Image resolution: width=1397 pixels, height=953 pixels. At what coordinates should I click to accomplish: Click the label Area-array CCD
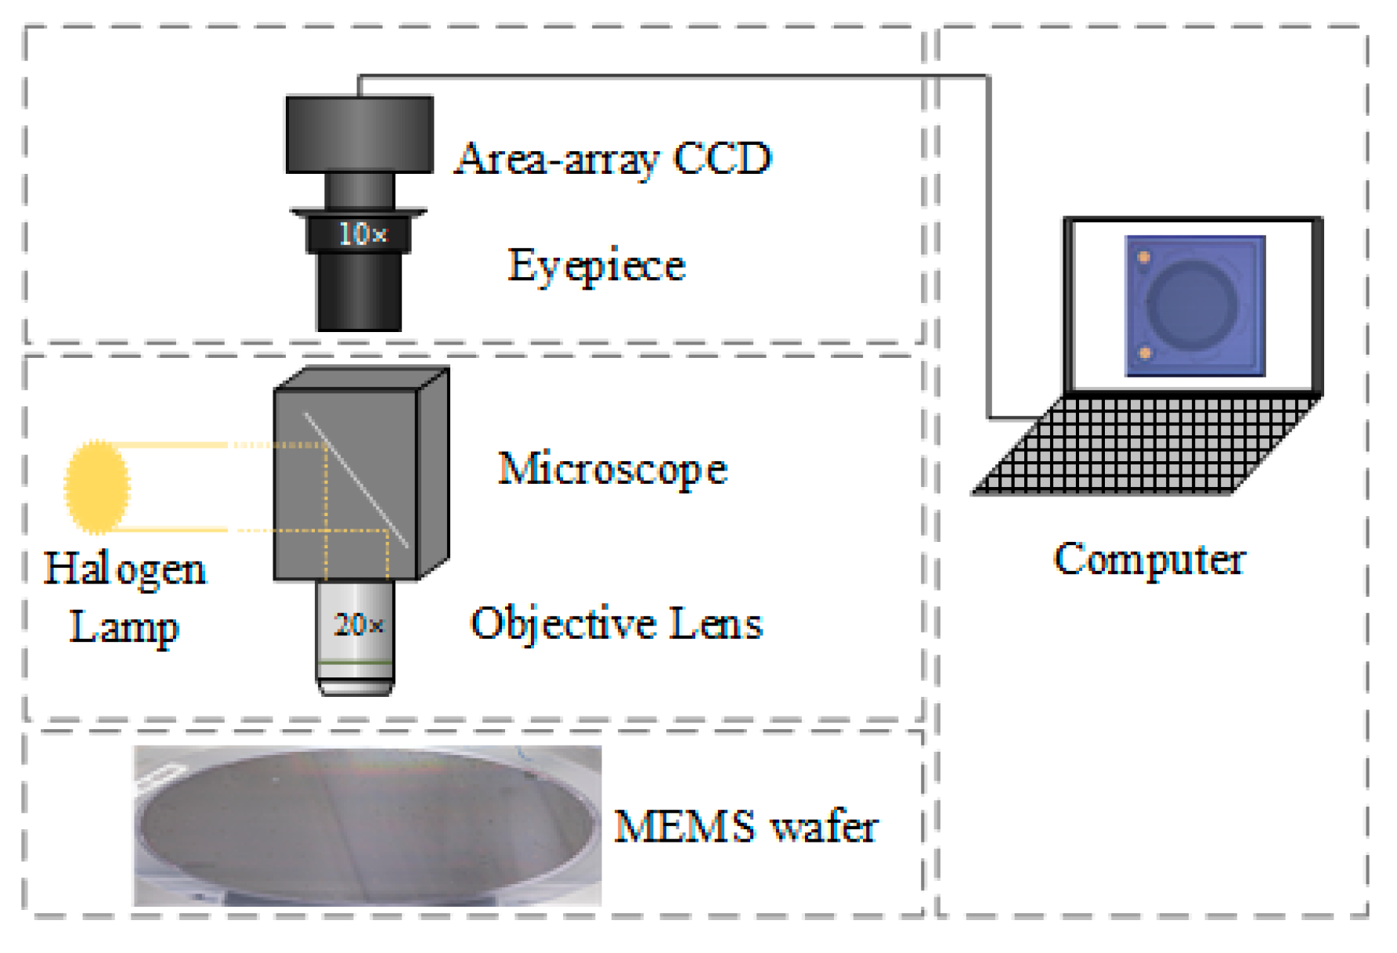[613, 159]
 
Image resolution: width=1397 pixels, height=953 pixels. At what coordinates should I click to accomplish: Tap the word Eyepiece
[597, 265]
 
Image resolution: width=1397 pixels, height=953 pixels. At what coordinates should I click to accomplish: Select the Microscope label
[612, 469]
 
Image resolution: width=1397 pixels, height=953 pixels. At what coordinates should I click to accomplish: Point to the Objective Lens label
[616, 624]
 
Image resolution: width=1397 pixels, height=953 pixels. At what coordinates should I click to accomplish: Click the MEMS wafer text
[745, 827]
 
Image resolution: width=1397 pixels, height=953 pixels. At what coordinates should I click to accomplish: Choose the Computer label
[1150, 560]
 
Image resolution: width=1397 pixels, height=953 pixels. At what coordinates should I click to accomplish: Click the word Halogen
[125, 569]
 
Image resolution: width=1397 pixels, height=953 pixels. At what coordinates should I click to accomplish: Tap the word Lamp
[125, 627]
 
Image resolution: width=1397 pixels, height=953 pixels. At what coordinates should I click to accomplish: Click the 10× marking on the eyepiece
[362, 233]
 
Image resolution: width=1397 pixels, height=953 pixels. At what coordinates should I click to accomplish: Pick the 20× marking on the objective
[359, 625]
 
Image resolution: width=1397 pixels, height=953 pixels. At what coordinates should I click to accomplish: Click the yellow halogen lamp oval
[97, 487]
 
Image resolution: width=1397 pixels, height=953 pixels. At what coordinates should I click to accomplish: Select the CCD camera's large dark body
[359, 135]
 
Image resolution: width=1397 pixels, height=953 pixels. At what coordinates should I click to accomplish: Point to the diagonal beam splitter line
[356, 479]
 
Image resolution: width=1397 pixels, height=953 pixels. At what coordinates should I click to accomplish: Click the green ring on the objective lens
[356, 663]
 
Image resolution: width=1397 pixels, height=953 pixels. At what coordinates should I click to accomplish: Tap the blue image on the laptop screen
[1195, 306]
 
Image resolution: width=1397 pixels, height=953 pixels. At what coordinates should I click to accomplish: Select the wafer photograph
[367, 826]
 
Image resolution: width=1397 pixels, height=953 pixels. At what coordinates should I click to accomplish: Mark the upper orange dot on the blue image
[1144, 257]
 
